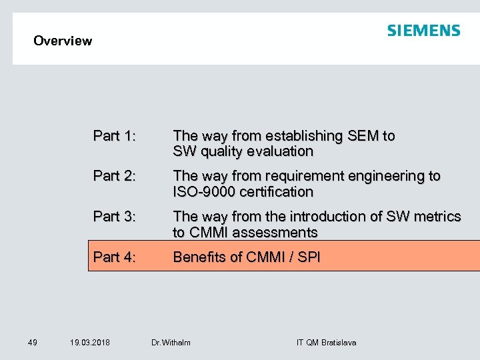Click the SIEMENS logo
pos(423,31)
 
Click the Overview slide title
pos(63,41)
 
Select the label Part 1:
pos(115,136)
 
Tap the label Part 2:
pos(115,176)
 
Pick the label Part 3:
pos(115,217)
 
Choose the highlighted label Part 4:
pos(115,257)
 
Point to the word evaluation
pos(279,152)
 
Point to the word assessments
pos(275,233)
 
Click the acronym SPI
pos(309,257)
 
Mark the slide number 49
pos(33,343)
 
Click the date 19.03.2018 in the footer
pos(90,343)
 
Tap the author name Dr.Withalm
pos(171,343)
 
